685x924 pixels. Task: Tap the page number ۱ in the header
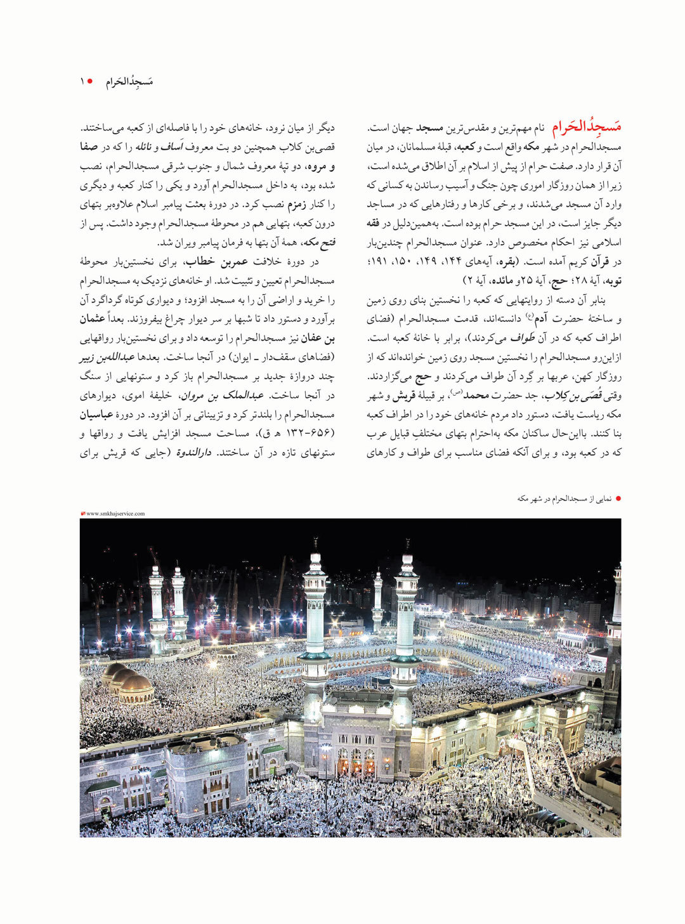(x=82, y=82)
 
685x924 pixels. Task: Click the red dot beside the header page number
(x=90, y=82)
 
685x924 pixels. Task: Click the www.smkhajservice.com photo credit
(x=115, y=514)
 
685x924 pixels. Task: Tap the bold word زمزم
(x=297, y=205)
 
